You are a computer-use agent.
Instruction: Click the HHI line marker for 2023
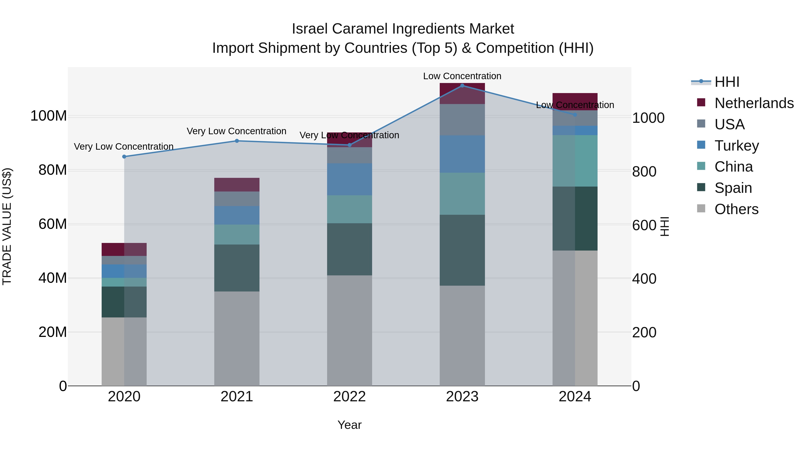pyautogui.click(x=462, y=86)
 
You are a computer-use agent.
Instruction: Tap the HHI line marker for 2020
pyautogui.click(x=124, y=157)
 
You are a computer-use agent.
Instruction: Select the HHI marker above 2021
pyautogui.click(x=237, y=141)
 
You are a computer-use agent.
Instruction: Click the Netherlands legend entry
pyautogui.click(x=754, y=103)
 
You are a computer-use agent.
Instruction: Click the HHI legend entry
pyautogui.click(x=727, y=82)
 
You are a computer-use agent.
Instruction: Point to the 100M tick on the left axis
pyautogui.click(x=49, y=116)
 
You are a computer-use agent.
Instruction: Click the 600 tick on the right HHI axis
pyautogui.click(x=644, y=225)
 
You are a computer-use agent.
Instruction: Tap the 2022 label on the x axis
pyautogui.click(x=349, y=397)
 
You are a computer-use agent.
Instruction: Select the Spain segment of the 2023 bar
pyautogui.click(x=462, y=250)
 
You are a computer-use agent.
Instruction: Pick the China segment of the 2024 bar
pyautogui.click(x=575, y=161)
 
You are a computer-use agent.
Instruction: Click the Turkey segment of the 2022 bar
pyautogui.click(x=349, y=179)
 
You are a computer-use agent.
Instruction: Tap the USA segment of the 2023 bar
pyautogui.click(x=462, y=120)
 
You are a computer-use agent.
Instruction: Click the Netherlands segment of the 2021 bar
pyautogui.click(x=237, y=185)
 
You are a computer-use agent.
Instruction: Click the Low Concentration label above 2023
pyautogui.click(x=462, y=76)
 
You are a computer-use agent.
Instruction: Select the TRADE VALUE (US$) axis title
pyautogui.click(x=7, y=226)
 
